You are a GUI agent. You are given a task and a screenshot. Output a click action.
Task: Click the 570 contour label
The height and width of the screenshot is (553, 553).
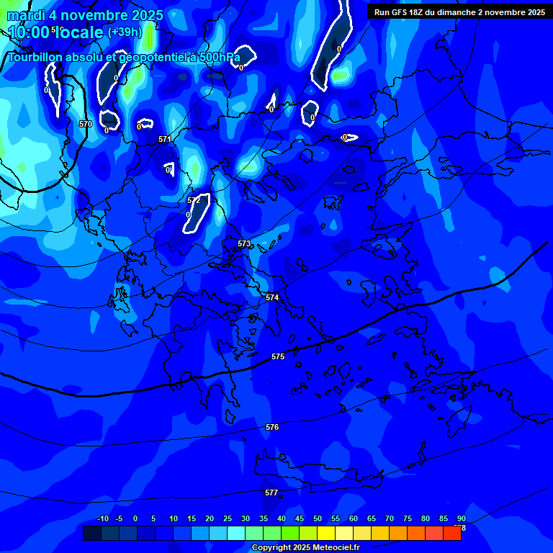[86, 124]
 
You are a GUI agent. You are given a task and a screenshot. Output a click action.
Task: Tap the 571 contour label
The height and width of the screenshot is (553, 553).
[165, 139]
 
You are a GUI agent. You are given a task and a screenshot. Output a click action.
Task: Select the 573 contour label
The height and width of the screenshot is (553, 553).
[244, 244]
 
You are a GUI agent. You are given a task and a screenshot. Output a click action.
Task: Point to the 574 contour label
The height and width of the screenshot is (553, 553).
[271, 297]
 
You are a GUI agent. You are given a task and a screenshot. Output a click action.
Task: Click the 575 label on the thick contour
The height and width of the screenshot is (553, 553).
[278, 356]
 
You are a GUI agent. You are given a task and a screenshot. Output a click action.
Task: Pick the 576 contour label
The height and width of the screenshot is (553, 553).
[271, 427]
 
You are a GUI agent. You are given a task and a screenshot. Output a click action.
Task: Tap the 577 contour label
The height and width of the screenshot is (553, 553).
[271, 493]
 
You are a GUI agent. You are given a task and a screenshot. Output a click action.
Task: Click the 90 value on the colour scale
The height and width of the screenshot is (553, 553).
[461, 519]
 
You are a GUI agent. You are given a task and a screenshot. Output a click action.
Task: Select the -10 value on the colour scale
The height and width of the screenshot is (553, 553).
[102, 519]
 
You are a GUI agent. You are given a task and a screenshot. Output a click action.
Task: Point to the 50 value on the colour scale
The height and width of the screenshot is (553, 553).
[318, 519]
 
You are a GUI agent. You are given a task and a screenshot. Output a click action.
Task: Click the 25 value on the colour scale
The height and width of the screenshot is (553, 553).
[228, 519]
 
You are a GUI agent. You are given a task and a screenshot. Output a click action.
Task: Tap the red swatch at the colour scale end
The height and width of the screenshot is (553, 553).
[451, 533]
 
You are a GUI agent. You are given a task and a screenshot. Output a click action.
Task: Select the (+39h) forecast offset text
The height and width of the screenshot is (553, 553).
[125, 32]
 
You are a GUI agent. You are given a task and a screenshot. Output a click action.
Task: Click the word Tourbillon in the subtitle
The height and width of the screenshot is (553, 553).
[37, 57]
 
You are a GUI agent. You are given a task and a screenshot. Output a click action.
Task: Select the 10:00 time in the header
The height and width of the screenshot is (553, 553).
[29, 32]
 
